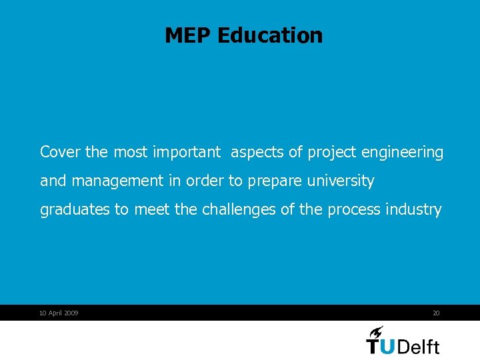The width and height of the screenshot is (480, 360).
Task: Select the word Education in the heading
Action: tap(270, 35)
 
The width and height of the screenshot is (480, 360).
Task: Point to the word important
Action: tap(186, 152)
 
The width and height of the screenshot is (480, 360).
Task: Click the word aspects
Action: tap(257, 153)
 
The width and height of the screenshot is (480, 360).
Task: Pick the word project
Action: tap(332, 153)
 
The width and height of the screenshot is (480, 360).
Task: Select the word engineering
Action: tap(402, 153)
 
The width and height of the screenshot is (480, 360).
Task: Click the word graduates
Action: tap(75, 210)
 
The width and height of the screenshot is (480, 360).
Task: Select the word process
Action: tap(353, 210)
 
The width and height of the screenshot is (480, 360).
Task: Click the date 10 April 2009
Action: tap(59, 313)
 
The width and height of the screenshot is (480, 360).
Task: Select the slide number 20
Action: tap(436, 313)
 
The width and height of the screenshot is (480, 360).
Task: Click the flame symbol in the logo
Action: tap(375, 331)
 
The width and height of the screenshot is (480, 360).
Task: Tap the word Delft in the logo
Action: tap(419, 347)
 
